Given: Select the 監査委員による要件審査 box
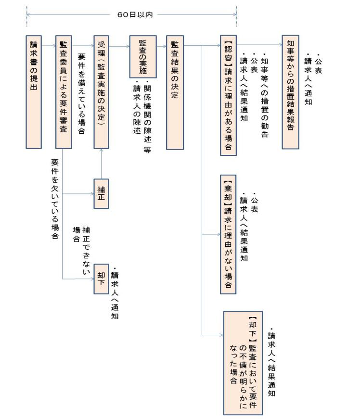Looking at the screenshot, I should tap(64, 91).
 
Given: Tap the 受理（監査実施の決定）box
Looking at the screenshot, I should tap(102, 91).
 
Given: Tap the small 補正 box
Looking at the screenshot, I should tap(102, 194).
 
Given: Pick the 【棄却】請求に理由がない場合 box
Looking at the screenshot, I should tap(228, 234).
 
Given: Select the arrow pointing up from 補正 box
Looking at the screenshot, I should tap(102, 164).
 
